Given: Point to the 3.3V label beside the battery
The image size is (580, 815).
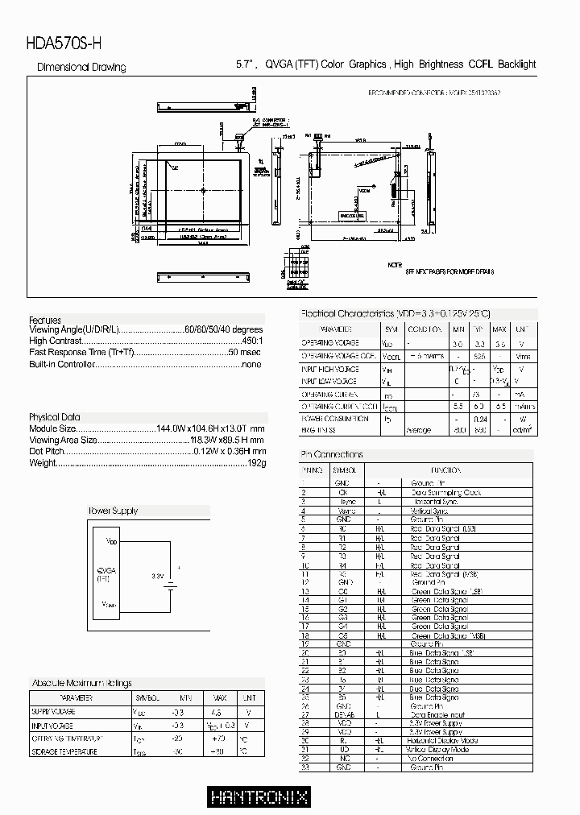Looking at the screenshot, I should tap(157, 576).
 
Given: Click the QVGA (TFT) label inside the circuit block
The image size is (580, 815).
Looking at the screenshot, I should tap(103, 573).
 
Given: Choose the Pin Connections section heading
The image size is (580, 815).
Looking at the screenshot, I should tap(332, 454).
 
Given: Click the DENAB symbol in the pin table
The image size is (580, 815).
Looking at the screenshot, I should tap(345, 714).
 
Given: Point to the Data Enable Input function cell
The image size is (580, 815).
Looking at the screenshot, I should tap(439, 714).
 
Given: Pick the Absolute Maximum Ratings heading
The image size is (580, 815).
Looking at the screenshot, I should tap(81, 683).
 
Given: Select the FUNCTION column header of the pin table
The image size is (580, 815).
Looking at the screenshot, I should tap(445, 470).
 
